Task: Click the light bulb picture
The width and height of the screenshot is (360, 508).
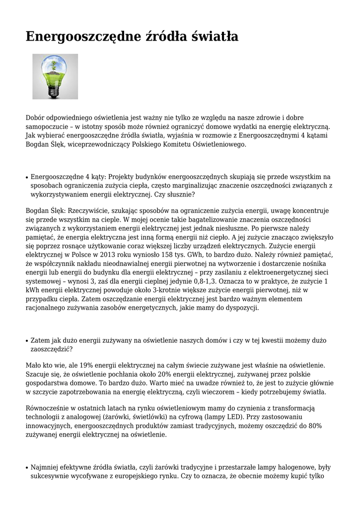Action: coord(55,76)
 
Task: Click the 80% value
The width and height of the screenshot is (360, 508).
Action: coord(314,426)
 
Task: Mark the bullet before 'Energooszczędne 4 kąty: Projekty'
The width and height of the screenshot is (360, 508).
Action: coord(27,177)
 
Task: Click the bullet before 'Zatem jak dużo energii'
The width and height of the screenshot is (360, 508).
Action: coord(27,341)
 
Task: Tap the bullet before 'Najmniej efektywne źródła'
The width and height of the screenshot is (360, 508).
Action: coord(27,468)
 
